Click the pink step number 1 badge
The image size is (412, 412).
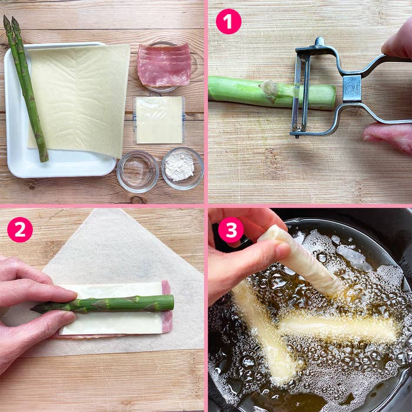pyautogui.click(x=228, y=22)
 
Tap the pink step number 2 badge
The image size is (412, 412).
pyautogui.click(x=20, y=230)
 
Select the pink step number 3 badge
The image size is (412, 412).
pyautogui.click(x=231, y=230)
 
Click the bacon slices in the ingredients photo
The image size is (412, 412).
pyautogui.click(x=164, y=65)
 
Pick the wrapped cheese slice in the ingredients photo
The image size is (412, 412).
pyautogui.click(x=159, y=120)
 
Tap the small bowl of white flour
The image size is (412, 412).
pyautogui.click(x=182, y=168)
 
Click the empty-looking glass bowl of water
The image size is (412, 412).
pyautogui.click(x=137, y=171)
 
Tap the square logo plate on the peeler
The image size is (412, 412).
pyautogui.click(x=352, y=88)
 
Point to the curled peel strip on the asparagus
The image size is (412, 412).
pyautogui.click(x=269, y=88)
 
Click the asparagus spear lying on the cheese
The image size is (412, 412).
pyautogui.click(x=102, y=304)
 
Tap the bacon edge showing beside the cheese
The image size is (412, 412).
pyautogui.click(x=167, y=307)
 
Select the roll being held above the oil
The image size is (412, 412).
pyautogui.click(x=301, y=260)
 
